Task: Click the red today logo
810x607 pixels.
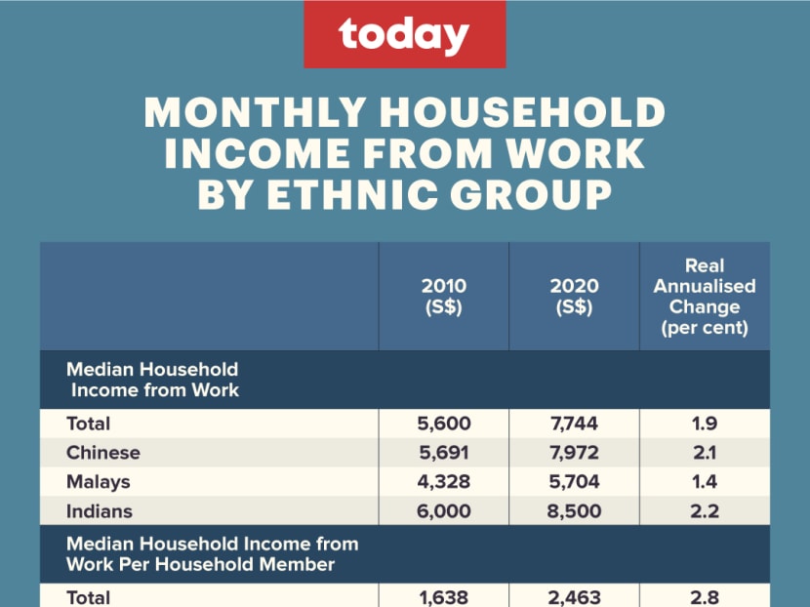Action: pos(404,35)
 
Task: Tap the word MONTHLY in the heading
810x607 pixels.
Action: pos(255,113)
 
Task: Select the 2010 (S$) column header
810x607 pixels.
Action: pos(443,297)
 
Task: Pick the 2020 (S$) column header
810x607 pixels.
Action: pos(574,297)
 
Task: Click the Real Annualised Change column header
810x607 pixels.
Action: pos(705,297)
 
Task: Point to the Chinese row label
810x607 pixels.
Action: pos(102,453)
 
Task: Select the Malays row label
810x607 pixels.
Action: pos(98,482)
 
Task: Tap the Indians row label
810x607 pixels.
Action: pos(99,511)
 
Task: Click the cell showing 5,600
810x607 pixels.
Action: pos(443,424)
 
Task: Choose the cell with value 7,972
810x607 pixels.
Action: pos(574,453)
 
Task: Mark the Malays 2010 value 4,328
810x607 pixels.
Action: pos(443,482)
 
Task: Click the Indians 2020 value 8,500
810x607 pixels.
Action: pos(574,511)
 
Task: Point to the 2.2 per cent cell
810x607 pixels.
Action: pos(705,511)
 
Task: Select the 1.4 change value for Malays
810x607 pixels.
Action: pos(705,482)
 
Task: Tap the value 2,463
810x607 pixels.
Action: pos(574,597)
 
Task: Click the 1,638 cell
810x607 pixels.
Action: pos(443,597)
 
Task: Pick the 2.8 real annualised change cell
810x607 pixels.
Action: pos(705,597)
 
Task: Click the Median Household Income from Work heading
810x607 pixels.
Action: pos(152,380)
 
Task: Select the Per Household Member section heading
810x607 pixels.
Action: pos(212,553)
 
